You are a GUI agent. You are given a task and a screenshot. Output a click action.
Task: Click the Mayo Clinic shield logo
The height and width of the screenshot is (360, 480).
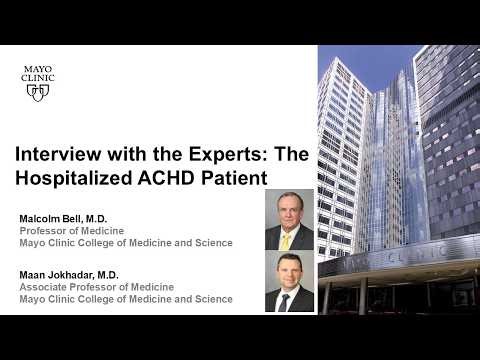tap(38, 91)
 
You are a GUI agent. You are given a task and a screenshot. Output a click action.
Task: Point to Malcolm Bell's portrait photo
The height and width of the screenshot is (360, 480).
tap(289, 221)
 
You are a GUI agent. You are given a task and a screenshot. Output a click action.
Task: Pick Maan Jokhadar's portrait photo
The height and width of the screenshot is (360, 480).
tap(289, 282)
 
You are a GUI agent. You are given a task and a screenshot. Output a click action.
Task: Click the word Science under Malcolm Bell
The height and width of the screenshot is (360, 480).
tap(212, 243)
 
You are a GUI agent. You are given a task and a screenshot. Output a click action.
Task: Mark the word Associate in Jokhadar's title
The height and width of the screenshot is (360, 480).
tap(44, 286)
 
